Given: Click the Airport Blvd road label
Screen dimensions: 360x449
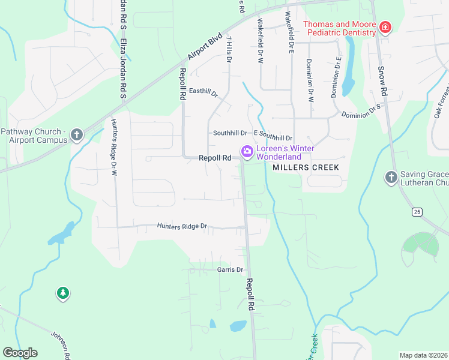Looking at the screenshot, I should [x=205, y=46].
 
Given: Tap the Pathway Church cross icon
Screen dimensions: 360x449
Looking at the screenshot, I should [x=76, y=136].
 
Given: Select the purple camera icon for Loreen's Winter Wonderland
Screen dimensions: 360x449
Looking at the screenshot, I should [x=246, y=153].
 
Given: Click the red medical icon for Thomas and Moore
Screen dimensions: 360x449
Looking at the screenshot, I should [x=385, y=28].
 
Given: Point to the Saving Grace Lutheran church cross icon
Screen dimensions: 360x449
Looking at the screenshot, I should [x=391, y=178].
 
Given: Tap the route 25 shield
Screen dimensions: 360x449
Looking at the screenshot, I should [x=416, y=211].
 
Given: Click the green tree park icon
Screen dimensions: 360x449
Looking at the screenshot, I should [x=62, y=293].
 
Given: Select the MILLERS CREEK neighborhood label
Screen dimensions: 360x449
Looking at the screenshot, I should [x=306, y=168].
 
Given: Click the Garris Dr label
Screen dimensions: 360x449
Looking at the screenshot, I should [x=230, y=270].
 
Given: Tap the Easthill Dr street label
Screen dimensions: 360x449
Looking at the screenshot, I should [x=202, y=92].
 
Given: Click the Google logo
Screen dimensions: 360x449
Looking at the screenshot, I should [x=20, y=353].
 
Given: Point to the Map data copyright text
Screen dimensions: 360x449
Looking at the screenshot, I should [x=423, y=355].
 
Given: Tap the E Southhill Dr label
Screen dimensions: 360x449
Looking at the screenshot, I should [x=273, y=138].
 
